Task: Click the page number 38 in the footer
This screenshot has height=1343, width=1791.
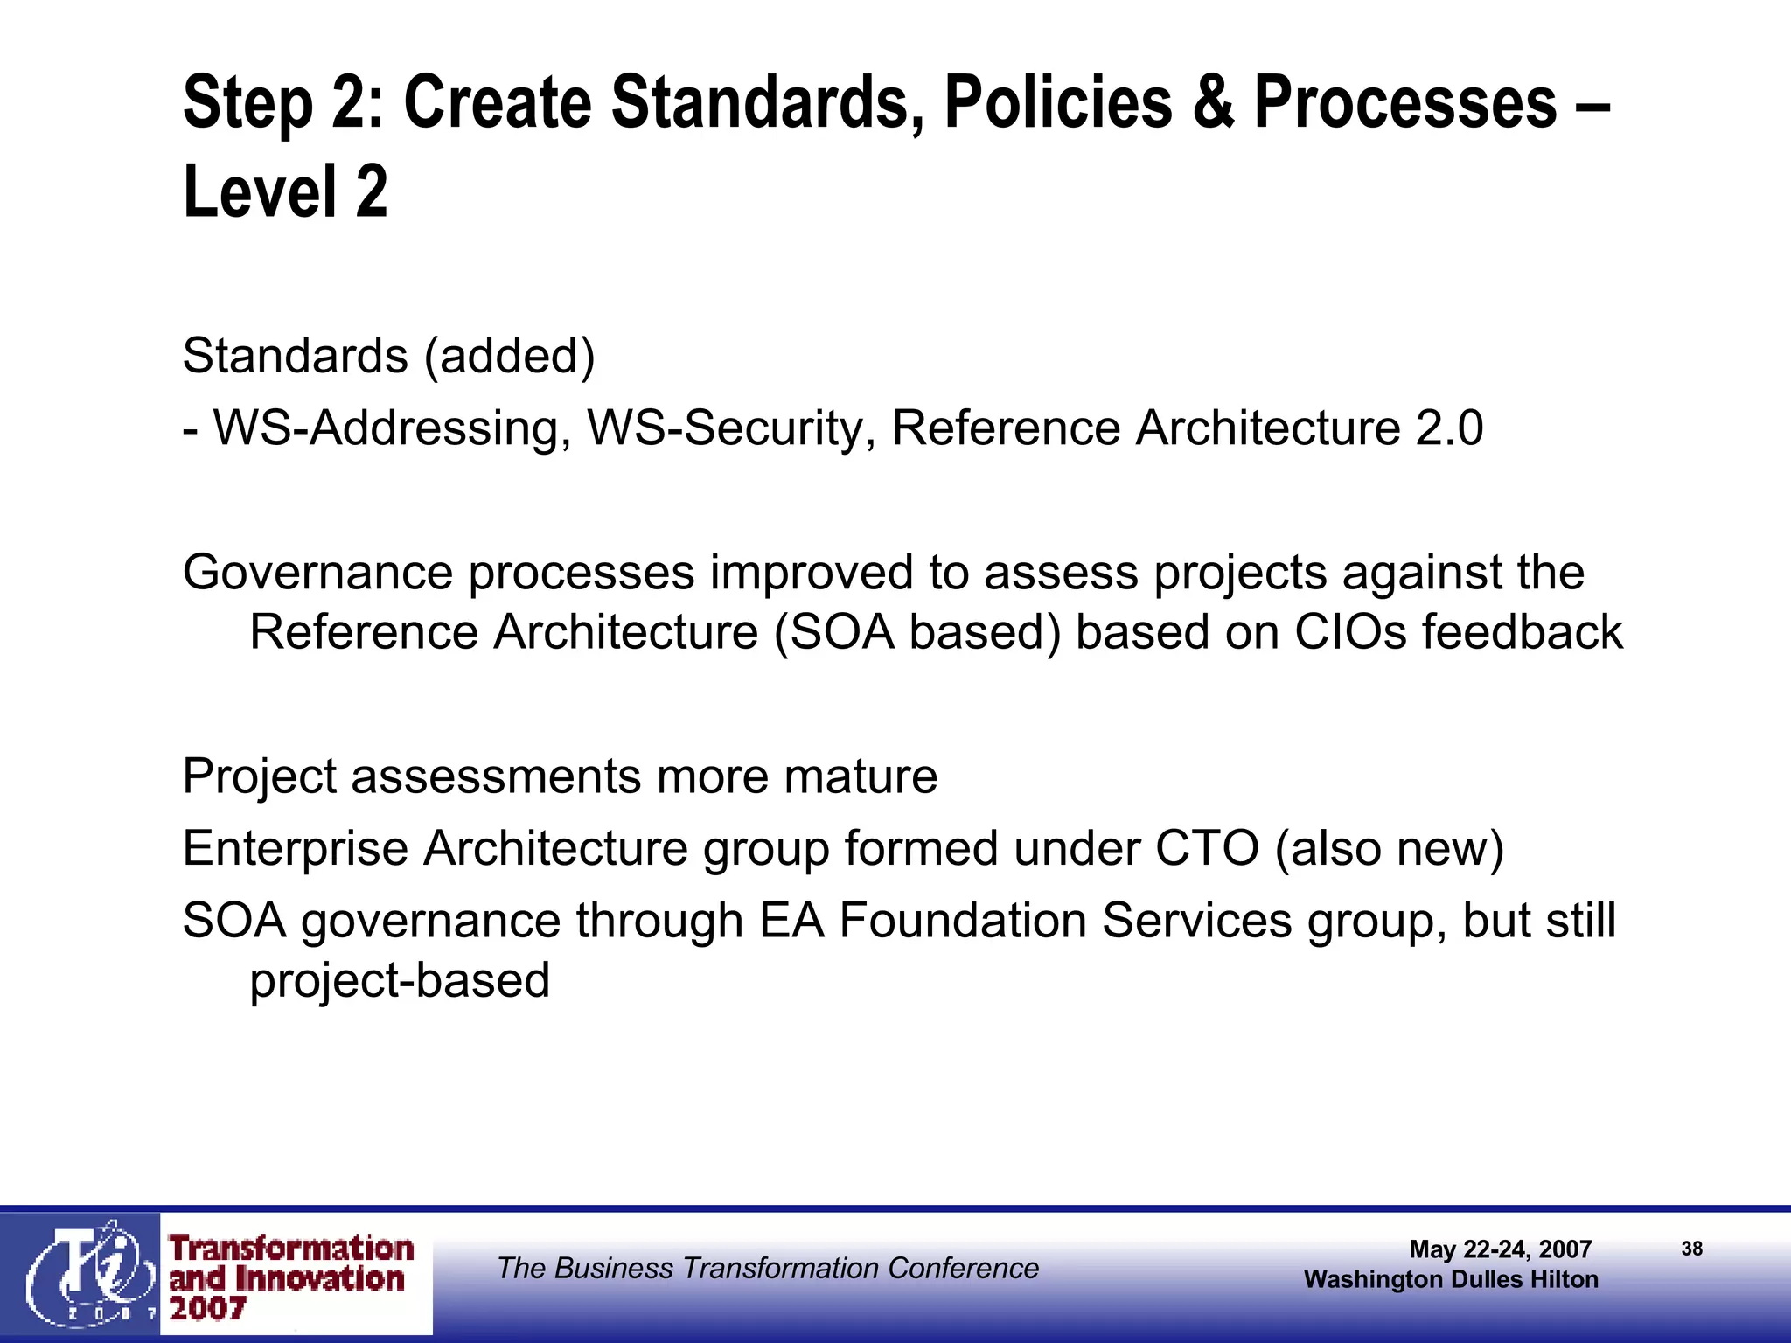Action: point(1691,1249)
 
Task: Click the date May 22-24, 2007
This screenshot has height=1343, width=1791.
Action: point(1500,1249)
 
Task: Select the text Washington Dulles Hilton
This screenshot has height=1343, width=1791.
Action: point(1451,1279)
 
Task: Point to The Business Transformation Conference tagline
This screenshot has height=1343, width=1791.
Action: point(767,1268)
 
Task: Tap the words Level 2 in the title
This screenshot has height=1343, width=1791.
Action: point(285,192)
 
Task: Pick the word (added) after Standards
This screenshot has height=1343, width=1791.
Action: point(509,357)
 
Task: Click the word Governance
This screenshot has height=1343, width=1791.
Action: point(318,573)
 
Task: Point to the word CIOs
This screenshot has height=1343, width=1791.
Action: point(1351,632)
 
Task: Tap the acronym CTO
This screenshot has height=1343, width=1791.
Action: point(1207,848)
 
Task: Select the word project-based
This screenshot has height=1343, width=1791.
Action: point(400,981)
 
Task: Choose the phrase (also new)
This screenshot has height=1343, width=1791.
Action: point(1390,848)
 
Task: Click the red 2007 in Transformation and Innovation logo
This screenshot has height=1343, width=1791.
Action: point(207,1309)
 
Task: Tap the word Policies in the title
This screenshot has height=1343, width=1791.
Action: point(1057,103)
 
